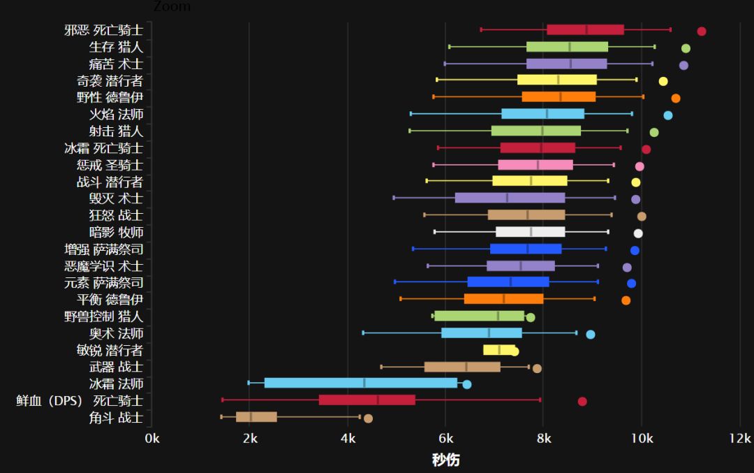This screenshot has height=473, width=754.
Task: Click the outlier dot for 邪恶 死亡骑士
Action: pos(702,31)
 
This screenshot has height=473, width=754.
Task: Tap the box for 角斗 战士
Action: pos(256,417)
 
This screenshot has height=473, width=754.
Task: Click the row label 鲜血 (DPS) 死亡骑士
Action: pos(80,400)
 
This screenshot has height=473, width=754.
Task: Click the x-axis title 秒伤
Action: pos(445,460)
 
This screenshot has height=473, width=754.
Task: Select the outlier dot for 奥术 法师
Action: pos(591,335)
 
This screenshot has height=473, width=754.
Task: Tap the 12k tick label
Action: pos(740,439)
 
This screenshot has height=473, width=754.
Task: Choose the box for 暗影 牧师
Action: pos(530,232)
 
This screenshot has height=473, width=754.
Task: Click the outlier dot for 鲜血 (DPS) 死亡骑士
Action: pos(582,401)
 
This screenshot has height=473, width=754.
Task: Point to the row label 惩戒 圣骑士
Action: pos(110,165)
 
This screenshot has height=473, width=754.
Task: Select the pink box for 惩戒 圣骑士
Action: pos(535,165)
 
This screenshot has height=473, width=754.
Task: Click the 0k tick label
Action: pos(151,439)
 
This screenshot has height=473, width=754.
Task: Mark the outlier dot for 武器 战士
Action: pos(537,369)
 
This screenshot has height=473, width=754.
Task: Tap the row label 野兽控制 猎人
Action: pos(103,316)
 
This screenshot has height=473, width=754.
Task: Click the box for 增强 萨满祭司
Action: pos(526,249)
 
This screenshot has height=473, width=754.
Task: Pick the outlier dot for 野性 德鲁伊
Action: pos(676,99)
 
